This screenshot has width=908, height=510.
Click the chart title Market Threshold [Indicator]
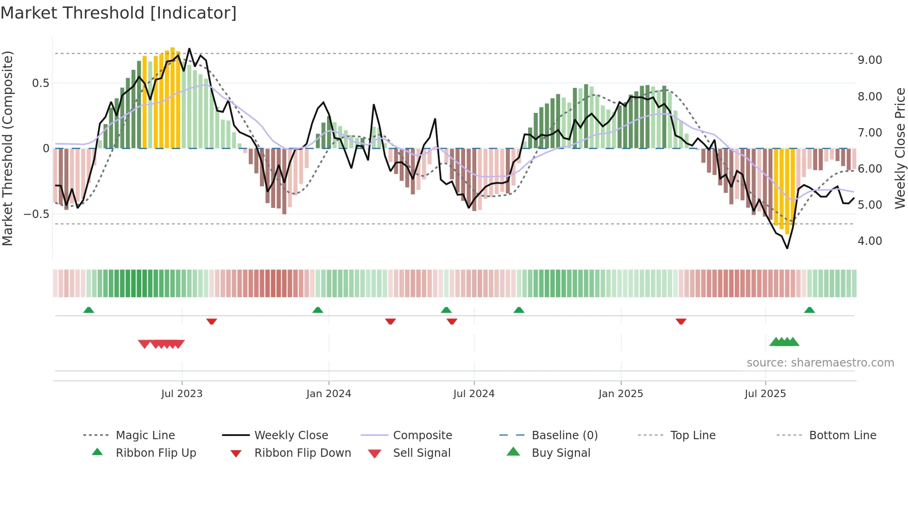pyautogui.click(x=119, y=13)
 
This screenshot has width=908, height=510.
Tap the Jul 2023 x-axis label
pyautogui.click(x=182, y=394)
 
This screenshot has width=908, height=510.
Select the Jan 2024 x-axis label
pyautogui.click(x=328, y=394)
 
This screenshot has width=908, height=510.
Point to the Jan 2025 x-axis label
pyautogui.click(x=620, y=394)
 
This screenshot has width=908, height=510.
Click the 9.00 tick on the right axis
pyautogui.click(x=870, y=60)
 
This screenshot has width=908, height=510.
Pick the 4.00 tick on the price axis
pyautogui.click(x=870, y=241)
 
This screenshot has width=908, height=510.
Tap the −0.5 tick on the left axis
pyautogui.click(x=36, y=214)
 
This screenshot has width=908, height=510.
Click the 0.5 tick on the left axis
pyautogui.click(x=40, y=83)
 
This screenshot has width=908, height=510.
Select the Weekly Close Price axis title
pyautogui.click(x=900, y=148)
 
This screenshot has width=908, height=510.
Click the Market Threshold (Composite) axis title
pyautogui.click(x=7, y=148)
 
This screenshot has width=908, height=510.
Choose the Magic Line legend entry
pyautogui.click(x=145, y=435)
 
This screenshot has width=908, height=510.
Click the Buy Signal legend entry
pyautogui.click(x=561, y=453)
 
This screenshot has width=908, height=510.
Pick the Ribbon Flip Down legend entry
pyautogui.click(x=302, y=453)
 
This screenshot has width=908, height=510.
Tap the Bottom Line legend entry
pyautogui.click(x=842, y=435)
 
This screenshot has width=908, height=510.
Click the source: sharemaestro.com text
pyautogui.click(x=820, y=363)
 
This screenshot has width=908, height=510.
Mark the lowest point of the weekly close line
pyautogui.click(x=787, y=249)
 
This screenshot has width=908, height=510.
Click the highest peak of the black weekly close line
pyautogui.click(x=189, y=49)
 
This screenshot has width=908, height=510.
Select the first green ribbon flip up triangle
pyautogui.click(x=88, y=310)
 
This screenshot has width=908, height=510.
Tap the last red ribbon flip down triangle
pyautogui.click(x=681, y=321)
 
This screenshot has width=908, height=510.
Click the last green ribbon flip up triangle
pyautogui.click(x=809, y=310)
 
